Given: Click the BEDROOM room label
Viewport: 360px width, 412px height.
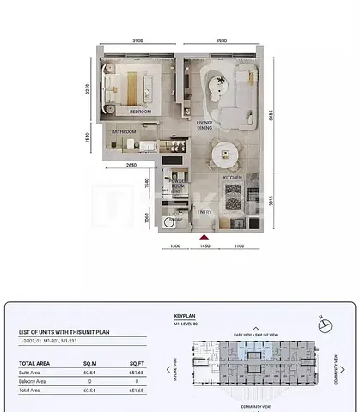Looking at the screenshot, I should point(140,112).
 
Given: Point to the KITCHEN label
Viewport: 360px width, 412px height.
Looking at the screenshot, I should point(232,178).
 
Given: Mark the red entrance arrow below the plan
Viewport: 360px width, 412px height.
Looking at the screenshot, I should point(204,238).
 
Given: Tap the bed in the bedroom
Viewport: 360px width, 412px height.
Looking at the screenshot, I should point(129,86).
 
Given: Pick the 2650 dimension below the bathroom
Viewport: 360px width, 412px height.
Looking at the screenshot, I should point(131,164).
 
